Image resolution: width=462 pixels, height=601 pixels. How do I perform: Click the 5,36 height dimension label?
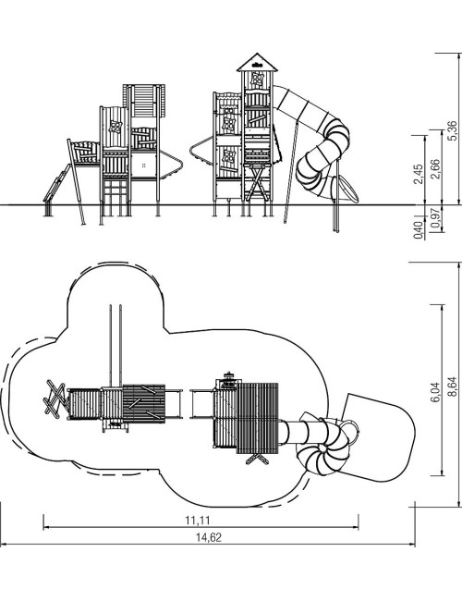453,130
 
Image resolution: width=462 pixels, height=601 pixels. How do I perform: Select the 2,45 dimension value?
419,174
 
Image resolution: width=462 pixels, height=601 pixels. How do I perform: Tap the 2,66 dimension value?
435,168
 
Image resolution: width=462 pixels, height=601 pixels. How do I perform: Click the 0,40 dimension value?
419,230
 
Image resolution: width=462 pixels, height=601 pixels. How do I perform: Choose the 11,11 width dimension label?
198,521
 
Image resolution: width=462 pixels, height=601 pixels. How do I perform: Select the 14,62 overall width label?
209,537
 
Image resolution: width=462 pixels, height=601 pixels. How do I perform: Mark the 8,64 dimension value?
453,386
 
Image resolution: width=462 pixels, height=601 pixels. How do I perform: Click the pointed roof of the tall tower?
257,62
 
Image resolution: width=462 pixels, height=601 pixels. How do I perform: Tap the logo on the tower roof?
257,65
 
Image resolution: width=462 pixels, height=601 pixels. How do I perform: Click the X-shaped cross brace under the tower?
257,182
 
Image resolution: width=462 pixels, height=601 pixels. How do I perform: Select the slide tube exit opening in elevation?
347,190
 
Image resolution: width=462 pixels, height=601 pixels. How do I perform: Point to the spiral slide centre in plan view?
323,448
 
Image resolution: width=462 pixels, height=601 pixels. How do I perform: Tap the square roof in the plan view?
258,418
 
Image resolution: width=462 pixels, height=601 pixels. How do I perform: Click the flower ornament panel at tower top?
257,80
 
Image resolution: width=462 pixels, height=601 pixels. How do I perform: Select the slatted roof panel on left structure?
144,101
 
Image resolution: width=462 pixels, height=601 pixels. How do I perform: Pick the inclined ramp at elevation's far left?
56,183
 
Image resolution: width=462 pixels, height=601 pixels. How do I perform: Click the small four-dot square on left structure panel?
144,166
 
